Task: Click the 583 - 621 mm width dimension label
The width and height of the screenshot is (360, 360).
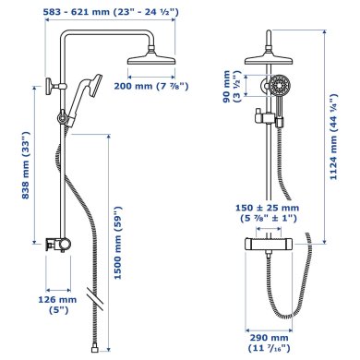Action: coord(111,12)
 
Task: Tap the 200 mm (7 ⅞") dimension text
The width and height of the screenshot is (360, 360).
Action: coord(151,86)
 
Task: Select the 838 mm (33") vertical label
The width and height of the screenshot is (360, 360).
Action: coord(26,165)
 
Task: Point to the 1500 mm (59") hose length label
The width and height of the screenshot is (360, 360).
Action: coord(118,243)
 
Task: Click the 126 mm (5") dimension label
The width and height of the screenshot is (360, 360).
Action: coord(57,305)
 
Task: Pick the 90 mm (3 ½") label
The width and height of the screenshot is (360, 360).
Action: coord(231,87)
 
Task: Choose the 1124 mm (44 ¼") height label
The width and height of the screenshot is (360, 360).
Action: coord(333,137)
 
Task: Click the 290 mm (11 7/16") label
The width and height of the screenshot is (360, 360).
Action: coord(269,342)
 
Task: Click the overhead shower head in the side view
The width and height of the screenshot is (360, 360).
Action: coord(151,58)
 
